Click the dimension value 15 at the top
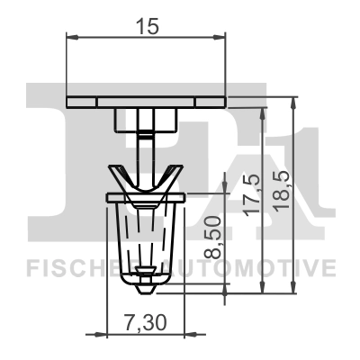[x=147, y=26]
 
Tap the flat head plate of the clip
[x=146, y=99]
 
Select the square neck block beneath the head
[x=145, y=119]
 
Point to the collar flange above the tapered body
[x=145, y=196]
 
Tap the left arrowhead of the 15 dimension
[x=73, y=37]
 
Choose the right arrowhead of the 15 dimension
[x=220, y=37]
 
